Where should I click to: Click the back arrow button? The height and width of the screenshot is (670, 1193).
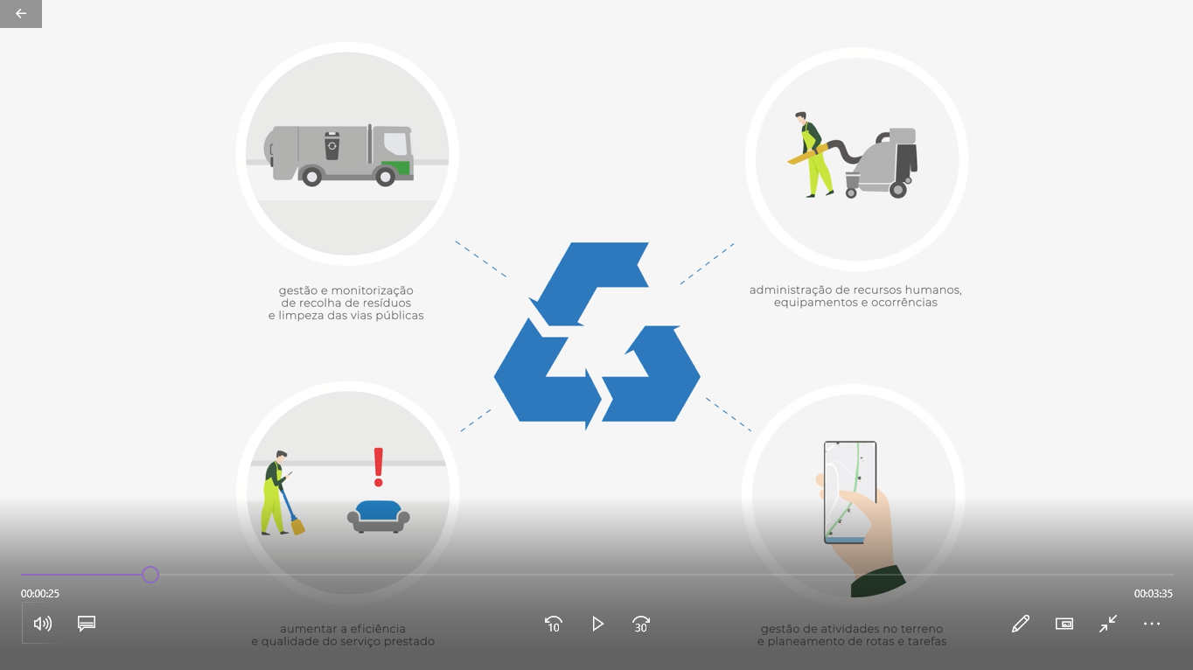(x=21, y=13)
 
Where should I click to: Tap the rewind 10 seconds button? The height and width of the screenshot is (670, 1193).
(x=553, y=624)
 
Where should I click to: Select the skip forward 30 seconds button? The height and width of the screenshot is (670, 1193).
(x=641, y=624)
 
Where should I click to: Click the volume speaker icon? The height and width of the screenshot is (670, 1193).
(x=42, y=624)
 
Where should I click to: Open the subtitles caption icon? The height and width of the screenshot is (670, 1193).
(x=87, y=624)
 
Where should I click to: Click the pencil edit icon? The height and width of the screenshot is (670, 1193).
(x=1020, y=624)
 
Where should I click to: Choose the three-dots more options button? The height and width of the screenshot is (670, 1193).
(x=1151, y=624)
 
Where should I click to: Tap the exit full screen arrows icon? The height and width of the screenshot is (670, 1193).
(x=1108, y=624)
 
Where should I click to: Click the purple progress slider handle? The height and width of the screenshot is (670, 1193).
(x=150, y=575)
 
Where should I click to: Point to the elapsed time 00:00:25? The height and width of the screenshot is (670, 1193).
(x=40, y=594)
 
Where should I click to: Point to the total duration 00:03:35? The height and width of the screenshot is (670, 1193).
(x=1153, y=594)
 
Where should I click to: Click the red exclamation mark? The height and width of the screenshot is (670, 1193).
(x=379, y=467)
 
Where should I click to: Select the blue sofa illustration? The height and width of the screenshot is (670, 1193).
(x=379, y=515)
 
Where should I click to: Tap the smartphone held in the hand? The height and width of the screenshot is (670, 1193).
(x=849, y=492)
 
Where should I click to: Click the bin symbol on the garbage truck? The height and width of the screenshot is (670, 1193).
(x=332, y=146)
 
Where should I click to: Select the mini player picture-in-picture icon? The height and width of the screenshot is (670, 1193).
(x=1064, y=624)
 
